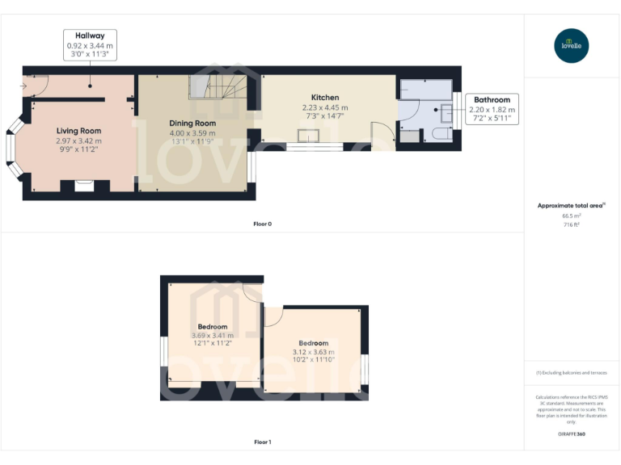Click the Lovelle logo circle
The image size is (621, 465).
click(x=572, y=46)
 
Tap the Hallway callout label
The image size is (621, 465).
click(x=90, y=36)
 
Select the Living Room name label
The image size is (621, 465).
click(x=78, y=131)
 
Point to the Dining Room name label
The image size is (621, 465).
click(x=192, y=123)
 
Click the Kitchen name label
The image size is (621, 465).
click(x=325, y=98)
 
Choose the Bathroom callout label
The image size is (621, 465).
click(x=492, y=99)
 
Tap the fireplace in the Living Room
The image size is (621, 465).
click(x=84, y=186)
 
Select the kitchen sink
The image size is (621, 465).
click(x=308, y=136)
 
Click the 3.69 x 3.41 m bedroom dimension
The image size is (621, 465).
click(x=213, y=335)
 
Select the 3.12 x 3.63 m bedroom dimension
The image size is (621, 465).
click(x=313, y=352)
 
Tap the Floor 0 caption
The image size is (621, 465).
click(x=262, y=224)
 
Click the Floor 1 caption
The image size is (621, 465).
click(x=262, y=442)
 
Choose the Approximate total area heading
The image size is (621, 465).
click(x=570, y=206)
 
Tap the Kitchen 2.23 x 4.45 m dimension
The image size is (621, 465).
click(x=325, y=107)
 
